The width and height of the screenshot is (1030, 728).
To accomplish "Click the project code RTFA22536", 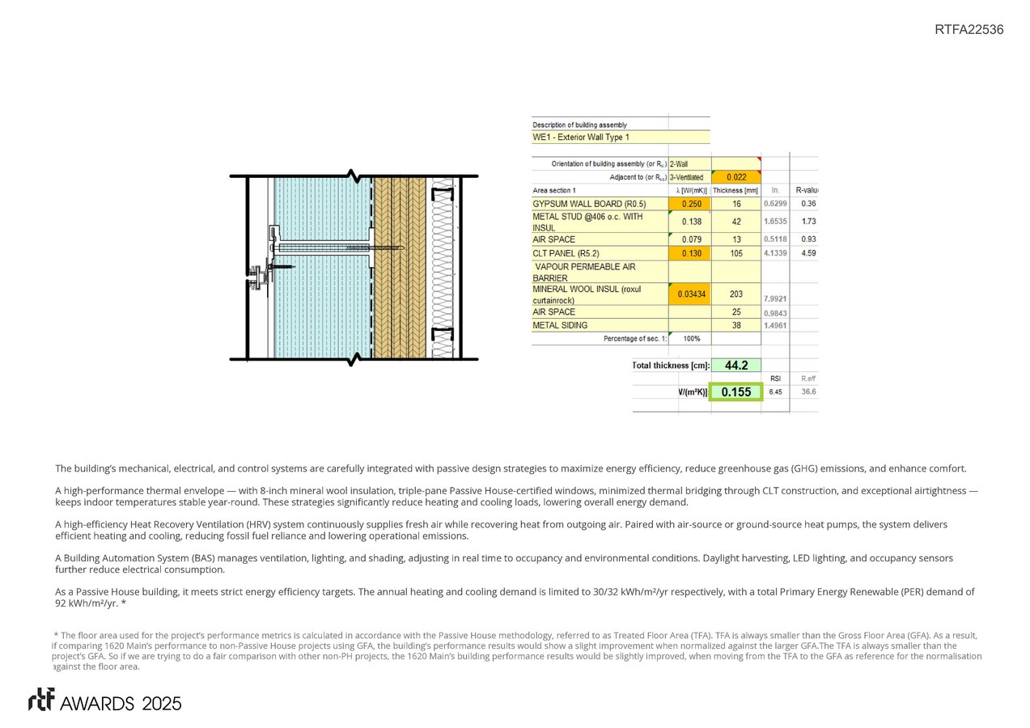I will tap(969, 30).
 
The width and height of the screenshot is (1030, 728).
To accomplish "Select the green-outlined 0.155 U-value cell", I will tap(735, 392).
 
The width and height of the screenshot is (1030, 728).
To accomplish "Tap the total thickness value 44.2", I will tap(735, 366).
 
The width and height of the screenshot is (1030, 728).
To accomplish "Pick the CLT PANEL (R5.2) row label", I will tap(565, 253).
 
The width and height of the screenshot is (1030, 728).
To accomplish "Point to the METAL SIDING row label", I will tap(558, 325).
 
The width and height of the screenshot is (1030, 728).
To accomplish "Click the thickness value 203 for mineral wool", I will tap(735, 294).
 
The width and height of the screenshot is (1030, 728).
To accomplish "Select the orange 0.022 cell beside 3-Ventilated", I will tap(735, 177).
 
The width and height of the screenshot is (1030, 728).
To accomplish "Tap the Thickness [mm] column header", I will tap(735, 190).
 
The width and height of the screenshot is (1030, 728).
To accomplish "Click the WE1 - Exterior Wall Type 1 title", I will tap(581, 138).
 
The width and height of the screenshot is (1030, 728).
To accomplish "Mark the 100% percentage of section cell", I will tap(691, 339).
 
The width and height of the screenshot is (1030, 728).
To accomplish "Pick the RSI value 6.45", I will tap(775, 392).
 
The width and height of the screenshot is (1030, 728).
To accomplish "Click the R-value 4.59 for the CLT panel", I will tap(808, 253).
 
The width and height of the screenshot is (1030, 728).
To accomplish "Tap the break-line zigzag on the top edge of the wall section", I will tap(354, 176).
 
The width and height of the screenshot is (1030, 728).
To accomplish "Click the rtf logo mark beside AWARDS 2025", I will tap(41, 700).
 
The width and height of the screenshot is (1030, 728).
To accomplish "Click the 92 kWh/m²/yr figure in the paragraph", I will tap(87, 603).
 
